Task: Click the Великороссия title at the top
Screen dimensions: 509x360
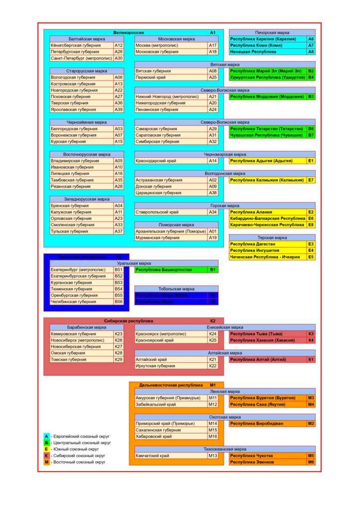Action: tap(128, 32)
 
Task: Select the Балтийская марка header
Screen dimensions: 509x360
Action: tap(87, 39)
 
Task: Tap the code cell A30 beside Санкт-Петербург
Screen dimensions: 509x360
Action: tap(118, 58)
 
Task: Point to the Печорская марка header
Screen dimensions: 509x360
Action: tap(272, 32)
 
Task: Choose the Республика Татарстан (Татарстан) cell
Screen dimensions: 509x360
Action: tap(267, 129)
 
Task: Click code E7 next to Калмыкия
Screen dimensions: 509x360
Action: tap(311, 180)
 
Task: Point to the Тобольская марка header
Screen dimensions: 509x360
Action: tap(176, 289)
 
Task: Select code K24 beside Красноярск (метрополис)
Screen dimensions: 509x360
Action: tap(213, 334)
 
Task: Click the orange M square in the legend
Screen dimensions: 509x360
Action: tap(46, 462)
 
